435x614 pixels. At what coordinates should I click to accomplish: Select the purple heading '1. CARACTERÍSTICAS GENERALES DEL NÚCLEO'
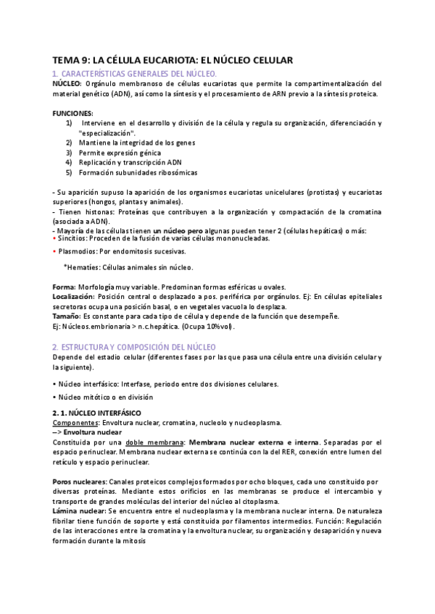tap(134, 75)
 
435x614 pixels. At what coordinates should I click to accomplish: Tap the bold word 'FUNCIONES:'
tap(72, 114)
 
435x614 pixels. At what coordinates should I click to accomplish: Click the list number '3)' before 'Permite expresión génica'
tap(69, 153)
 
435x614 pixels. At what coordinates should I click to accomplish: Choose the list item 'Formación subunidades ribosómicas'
tap(138, 173)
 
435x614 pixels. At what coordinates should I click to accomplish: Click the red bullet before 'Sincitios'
tap(55, 238)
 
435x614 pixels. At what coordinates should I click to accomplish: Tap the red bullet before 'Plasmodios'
tap(55, 251)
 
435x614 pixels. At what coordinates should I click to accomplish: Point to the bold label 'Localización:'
tap(74, 297)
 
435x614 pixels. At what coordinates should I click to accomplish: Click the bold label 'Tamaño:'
tap(67, 316)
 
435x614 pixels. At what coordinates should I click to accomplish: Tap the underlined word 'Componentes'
tap(76, 422)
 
